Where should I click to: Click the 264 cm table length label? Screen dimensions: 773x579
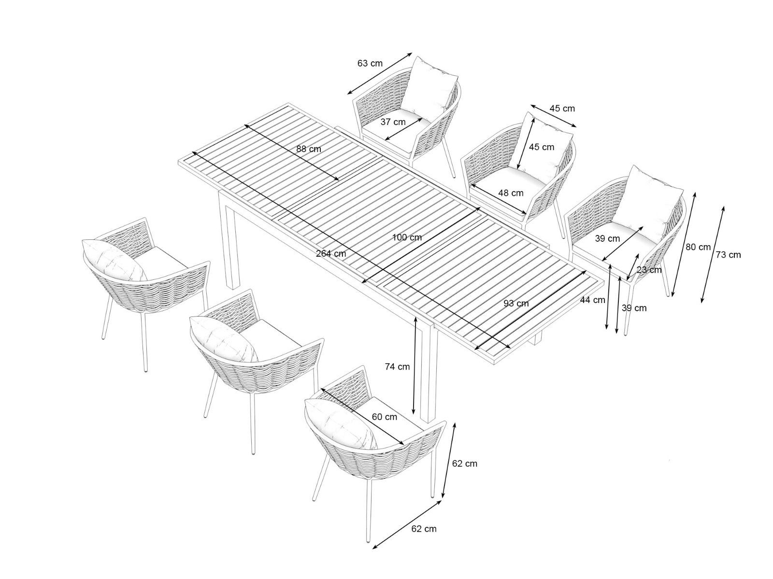click(330, 253)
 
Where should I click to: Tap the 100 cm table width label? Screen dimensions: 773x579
click(407, 237)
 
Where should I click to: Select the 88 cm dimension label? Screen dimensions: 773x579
click(309, 149)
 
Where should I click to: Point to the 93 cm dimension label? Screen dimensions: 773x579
click(516, 303)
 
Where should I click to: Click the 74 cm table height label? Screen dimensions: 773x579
click(397, 367)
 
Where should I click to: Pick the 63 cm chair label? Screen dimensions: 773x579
click(370, 63)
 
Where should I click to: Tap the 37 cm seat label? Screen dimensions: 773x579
click(393, 122)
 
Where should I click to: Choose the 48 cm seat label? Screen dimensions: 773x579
click(511, 193)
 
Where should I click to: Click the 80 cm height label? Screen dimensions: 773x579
click(698, 247)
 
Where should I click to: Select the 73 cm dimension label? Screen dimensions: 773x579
click(728, 255)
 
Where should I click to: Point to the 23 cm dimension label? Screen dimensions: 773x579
click(649, 270)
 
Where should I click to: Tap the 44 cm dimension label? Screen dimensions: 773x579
click(593, 300)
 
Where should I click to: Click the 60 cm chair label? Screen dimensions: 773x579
click(384, 416)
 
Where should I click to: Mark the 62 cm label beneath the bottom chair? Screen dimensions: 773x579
click(424, 538)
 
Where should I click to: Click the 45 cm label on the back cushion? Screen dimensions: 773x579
click(541, 147)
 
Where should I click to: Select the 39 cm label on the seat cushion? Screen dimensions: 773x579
click(607, 238)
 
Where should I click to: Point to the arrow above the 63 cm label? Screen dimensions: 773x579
click(380, 73)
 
